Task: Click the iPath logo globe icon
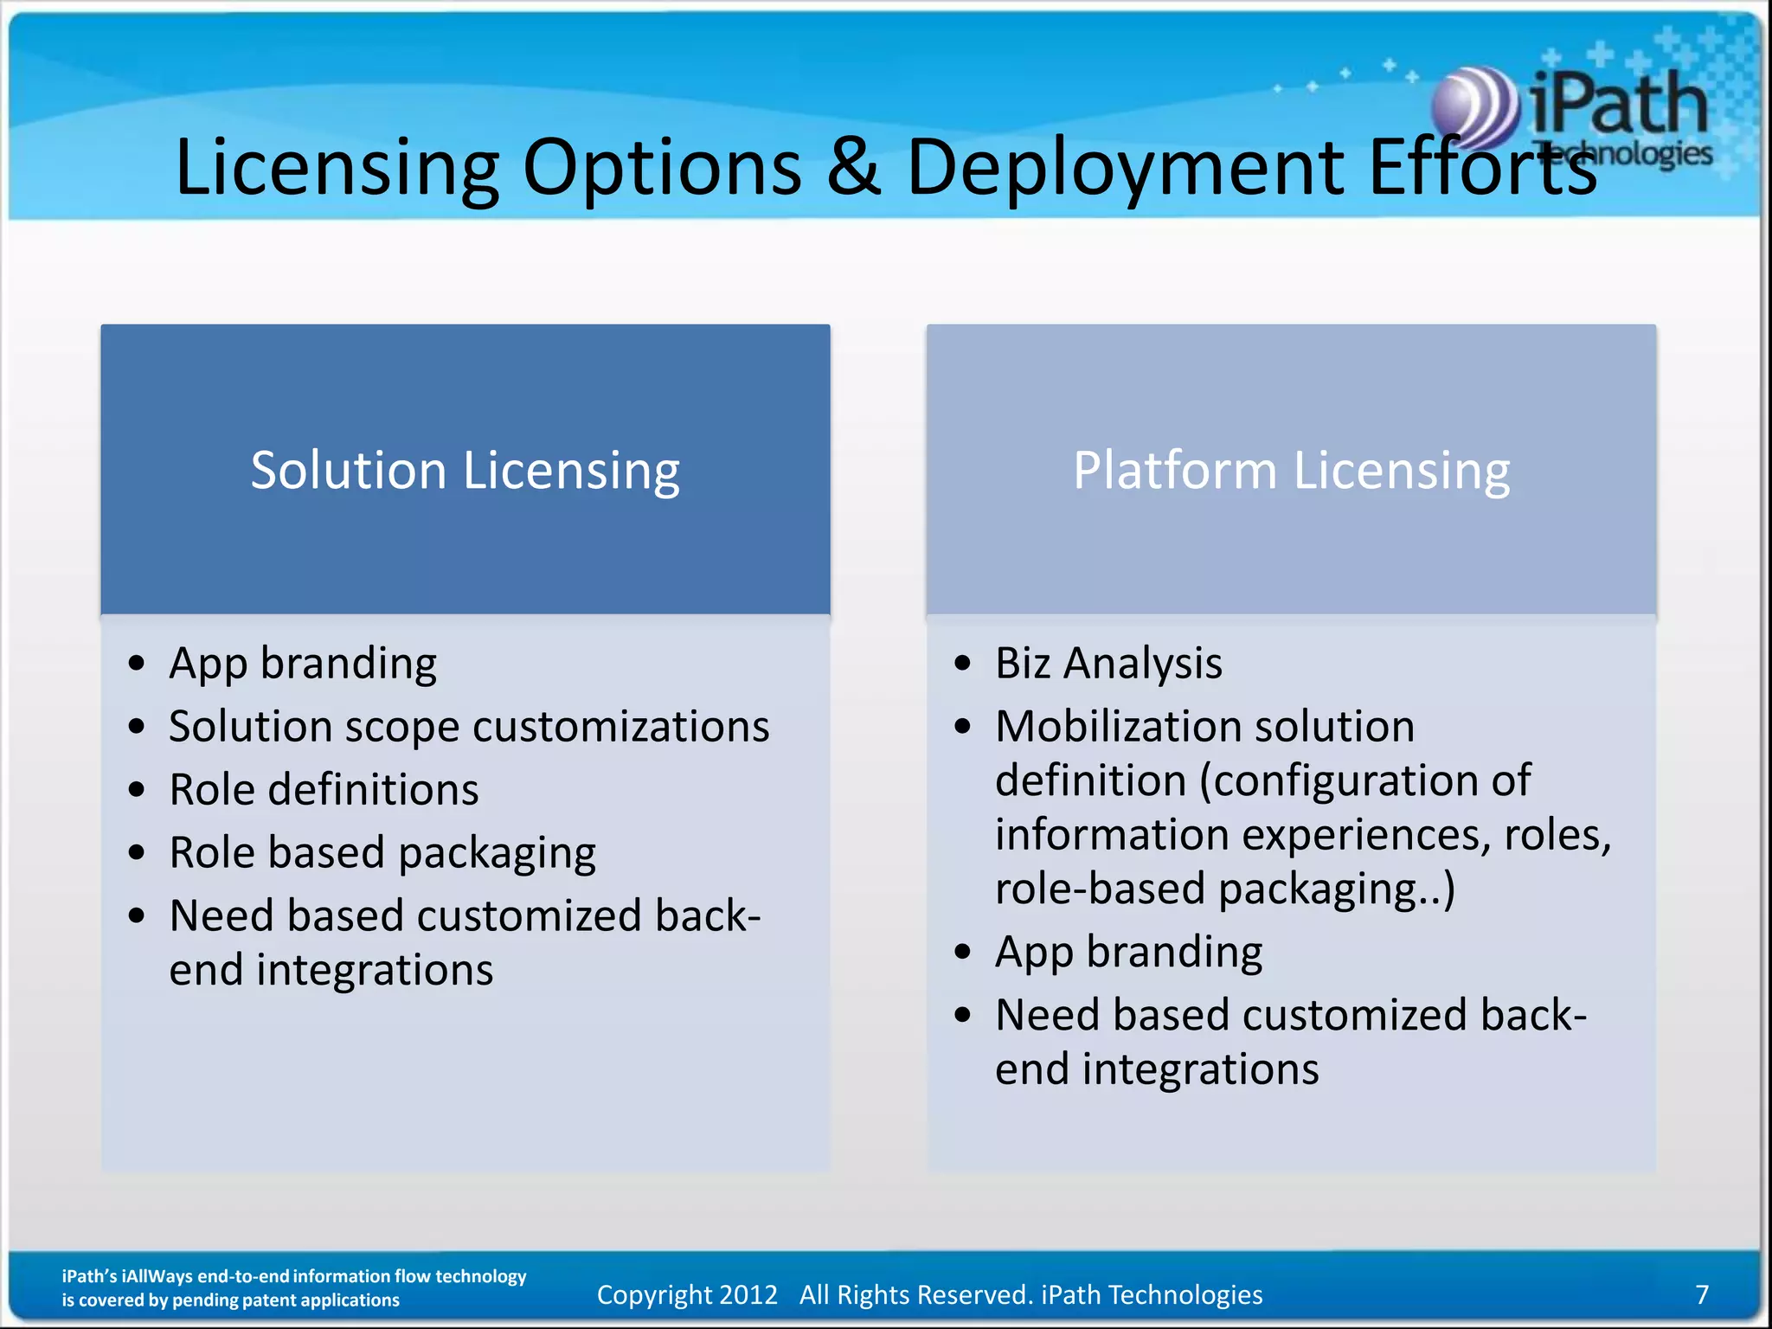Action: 1473,108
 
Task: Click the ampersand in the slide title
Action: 853,166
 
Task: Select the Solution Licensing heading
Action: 465,471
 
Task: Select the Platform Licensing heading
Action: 1291,471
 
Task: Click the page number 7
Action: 1702,1294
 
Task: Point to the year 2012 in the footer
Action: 748,1294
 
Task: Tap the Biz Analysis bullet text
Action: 1108,664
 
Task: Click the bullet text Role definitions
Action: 324,790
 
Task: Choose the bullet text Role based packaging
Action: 382,853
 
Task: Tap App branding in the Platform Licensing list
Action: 1128,952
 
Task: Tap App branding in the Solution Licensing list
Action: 303,664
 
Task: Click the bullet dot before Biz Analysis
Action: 963,664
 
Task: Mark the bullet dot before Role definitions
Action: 137,790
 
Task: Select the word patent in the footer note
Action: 279,1300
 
